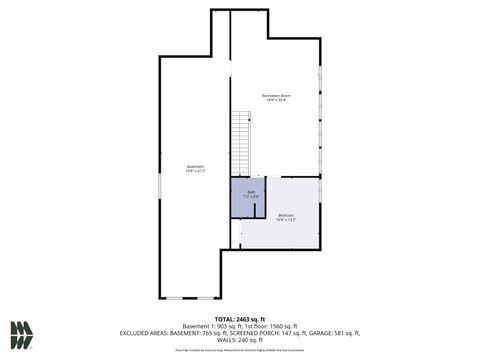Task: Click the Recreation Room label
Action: coord(275,95)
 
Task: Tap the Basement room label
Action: coord(196,166)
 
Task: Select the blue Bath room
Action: coord(252,195)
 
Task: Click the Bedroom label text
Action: coord(286,216)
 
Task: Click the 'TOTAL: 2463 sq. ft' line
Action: coord(239,316)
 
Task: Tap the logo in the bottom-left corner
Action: coord(22,334)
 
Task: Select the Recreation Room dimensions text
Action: coord(275,100)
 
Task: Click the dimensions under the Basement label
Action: coord(196,171)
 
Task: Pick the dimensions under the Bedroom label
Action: coord(286,221)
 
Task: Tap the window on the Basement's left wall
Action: coord(159,185)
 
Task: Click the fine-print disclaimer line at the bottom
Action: coord(239,350)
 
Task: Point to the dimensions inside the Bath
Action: coord(252,197)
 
